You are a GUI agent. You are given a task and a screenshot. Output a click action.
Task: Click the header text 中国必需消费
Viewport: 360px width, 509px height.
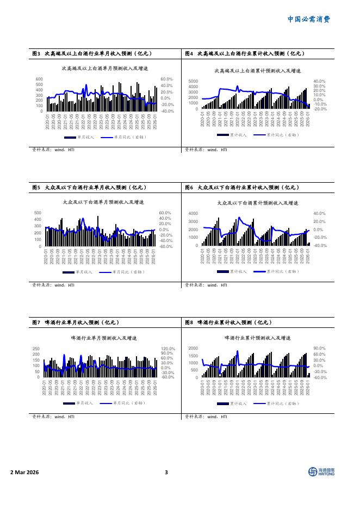308,20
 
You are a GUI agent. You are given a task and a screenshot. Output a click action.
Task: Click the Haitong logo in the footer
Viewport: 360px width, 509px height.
321,471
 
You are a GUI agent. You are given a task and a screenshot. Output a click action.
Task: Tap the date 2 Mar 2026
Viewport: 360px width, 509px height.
24,471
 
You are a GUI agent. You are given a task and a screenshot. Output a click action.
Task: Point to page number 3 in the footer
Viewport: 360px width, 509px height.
166,472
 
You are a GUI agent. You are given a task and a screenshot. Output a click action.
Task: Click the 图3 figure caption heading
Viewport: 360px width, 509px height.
92,54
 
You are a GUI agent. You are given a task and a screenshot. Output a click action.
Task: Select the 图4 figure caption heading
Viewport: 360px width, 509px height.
245,54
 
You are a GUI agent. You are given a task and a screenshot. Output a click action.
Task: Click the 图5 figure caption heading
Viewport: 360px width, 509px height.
90,188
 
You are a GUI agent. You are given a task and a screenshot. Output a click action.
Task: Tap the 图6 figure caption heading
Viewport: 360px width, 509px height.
243,188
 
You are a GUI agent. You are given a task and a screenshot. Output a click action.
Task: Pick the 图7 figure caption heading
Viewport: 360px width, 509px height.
76,322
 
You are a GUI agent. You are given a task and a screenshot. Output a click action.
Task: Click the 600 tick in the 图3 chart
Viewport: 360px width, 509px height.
39,79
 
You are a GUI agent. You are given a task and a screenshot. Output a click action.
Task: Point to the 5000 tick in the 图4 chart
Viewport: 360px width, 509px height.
193,81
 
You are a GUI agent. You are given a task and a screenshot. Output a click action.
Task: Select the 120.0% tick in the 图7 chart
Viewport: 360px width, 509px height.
167,349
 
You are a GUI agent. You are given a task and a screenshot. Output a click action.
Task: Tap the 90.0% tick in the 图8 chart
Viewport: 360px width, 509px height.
319,349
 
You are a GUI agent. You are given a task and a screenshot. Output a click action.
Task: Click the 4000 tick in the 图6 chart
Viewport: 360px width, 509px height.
193,214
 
